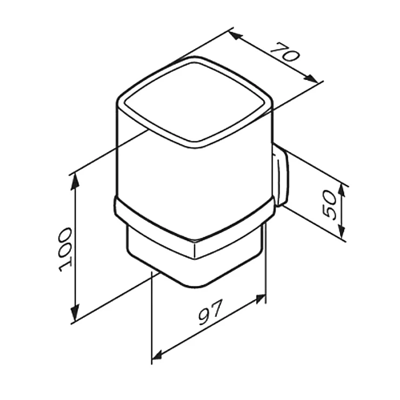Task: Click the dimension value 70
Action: click(284, 52)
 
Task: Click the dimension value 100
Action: click(65, 250)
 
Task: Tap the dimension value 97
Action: click(211, 312)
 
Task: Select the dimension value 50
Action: click(330, 205)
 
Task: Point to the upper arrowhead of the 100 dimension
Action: click(74, 181)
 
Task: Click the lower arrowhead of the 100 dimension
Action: click(75, 313)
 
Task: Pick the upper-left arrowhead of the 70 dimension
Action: click(235, 36)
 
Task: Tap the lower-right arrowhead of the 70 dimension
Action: click(311, 78)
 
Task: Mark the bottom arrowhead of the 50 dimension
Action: click(342, 231)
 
